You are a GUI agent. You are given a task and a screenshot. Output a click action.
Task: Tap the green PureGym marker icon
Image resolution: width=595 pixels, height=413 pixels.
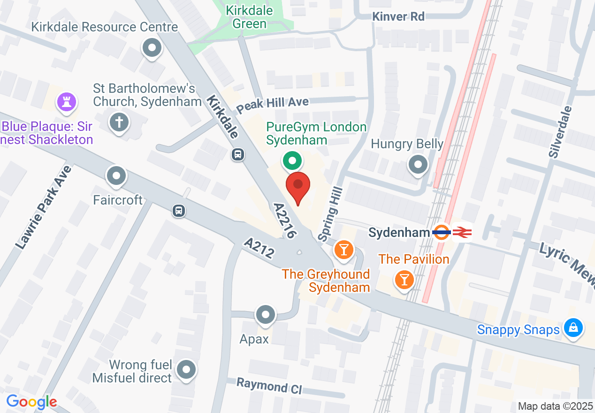click(x=292, y=161)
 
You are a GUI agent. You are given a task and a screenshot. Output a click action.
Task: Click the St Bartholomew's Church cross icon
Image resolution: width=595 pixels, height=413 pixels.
click(x=119, y=123)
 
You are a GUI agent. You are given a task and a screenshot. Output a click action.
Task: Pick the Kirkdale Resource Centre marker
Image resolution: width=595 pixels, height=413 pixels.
click(x=152, y=48)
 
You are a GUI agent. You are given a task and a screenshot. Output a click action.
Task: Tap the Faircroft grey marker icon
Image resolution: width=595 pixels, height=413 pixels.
click(x=116, y=176)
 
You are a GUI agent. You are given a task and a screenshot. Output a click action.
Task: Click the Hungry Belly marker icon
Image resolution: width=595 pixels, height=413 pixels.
click(x=418, y=165)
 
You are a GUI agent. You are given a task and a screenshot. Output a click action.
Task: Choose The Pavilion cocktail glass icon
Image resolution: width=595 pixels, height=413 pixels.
click(x=404, y=280)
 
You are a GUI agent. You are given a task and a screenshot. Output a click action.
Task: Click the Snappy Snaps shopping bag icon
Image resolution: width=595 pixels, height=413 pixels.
click(x=573, y=328)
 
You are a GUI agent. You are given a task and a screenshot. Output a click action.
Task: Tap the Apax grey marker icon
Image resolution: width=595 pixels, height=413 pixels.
click(x=265, y=314)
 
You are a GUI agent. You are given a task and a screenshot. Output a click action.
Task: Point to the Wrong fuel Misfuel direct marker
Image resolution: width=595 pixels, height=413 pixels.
click(x=187, y=370)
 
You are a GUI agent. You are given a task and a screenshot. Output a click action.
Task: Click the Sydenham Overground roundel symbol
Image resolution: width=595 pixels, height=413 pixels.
click(x=442, y=232)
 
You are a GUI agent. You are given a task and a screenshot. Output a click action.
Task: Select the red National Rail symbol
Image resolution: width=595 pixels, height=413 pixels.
click(x=462, y=232)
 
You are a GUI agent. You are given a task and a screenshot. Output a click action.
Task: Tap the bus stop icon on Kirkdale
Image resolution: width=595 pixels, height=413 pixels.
click(x=238, y=154)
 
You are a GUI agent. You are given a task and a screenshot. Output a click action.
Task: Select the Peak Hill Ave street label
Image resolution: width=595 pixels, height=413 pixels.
click(x=272, y=104)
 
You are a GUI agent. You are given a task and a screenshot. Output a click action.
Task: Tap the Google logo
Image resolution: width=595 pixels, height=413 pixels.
click(x=32, y=402)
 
